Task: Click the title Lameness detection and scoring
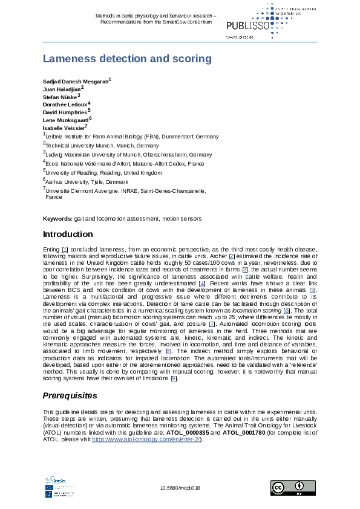click(127, 59)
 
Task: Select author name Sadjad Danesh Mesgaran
click(76, 81)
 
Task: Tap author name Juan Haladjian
click(62, 89)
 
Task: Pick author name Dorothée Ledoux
click(65, 105)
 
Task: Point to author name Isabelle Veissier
click(64, 128)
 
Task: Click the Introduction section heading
click(68, 234)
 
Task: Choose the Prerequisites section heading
click(70, 396)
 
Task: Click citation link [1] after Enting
click(65, 249)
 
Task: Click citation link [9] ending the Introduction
click(174, 378)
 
